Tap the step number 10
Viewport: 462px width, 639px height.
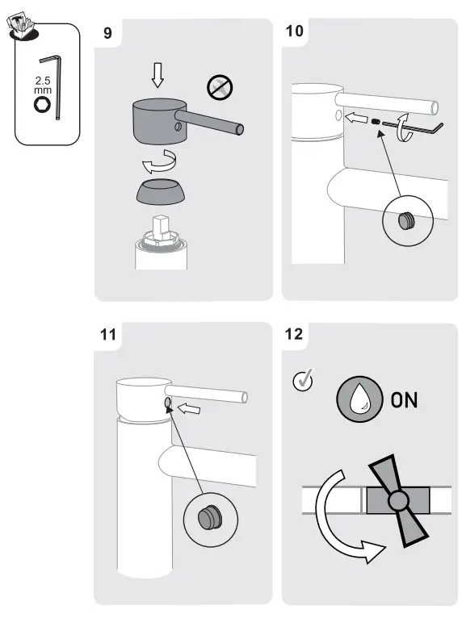pyautogui.click(x=296, y=31)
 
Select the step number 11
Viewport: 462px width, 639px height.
pyautogui.click(x=108, y=335)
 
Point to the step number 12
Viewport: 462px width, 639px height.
pyautogui.click(x=295, y=334)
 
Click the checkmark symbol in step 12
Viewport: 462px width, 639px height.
pyautogui.click(x=304, y=380)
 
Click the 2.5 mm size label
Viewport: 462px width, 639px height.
pyautogui.click(x=43, y=86)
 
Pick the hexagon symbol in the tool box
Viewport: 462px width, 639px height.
pyautogui.click(x=43, y=107)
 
